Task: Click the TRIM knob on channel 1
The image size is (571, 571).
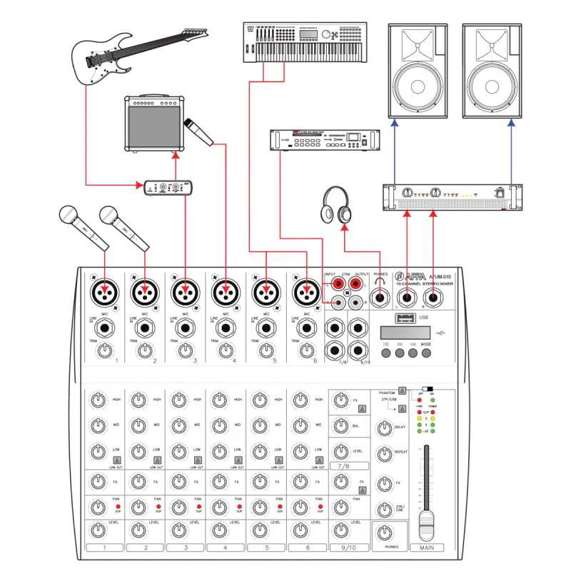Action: (x=105, y=350)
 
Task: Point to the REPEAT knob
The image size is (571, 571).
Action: (x=385, y=453)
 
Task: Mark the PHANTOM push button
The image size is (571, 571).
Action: (x=403, y=390)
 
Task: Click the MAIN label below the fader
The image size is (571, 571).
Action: (x=427, y=548)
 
